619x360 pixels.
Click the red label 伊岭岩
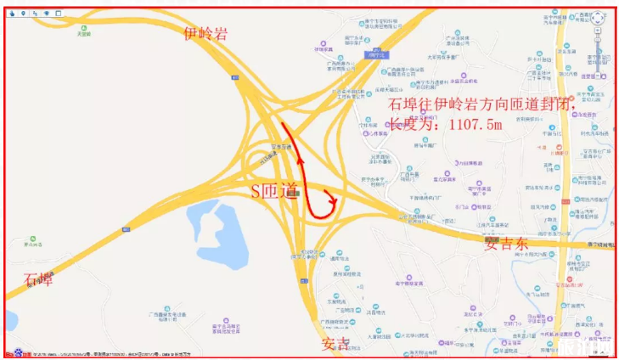(x=205, y=33)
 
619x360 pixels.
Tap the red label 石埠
(x=39, y=279)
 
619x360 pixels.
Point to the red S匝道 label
(x=273, y=191)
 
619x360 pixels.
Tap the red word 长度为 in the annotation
(x=413, y=125)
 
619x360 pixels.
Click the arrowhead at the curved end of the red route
(x=338, y=202)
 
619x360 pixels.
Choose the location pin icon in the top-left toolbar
(x=22, y=14)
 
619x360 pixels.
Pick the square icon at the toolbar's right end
(x=58, y=14)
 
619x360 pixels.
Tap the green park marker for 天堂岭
(x=84, y=28)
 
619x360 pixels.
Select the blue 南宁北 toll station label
(x=373, y=54)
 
